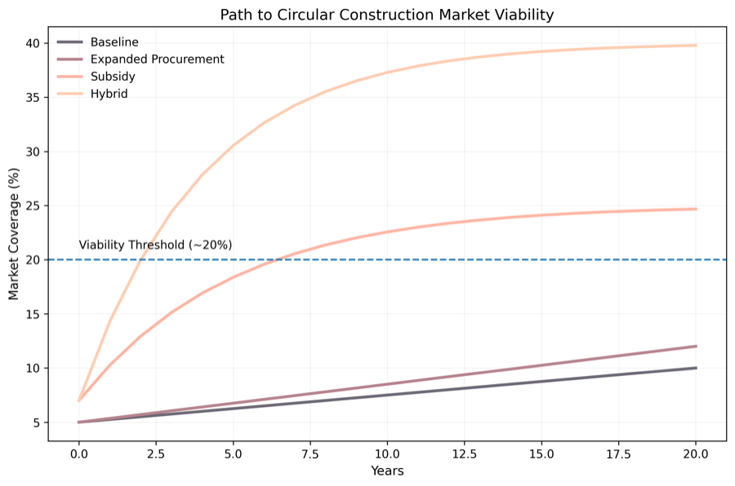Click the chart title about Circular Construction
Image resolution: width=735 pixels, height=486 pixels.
pos(387,15)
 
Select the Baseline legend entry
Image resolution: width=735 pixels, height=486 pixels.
pos(114,42)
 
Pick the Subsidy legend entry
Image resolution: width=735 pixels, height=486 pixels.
pos(113,77)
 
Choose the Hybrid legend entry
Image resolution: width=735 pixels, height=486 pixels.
pos(109,94)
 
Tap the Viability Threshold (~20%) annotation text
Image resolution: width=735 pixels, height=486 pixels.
pos(155,245)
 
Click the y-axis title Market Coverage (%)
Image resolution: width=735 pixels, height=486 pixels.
pos(14,233)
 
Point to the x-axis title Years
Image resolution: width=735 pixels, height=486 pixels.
pos(387,471)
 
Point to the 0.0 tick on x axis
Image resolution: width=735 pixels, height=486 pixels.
pos(79,453)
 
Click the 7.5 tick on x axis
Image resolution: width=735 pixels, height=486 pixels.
pos(310,453)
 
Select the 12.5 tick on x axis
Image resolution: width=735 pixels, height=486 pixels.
pos(464,453)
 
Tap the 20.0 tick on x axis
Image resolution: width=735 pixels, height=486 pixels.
pos(696,453)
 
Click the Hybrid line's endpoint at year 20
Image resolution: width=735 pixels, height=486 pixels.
pos(696,45)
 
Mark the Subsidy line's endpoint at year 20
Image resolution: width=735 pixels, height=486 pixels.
pos(696,209)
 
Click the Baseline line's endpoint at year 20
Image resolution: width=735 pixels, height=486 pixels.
pos(696,368)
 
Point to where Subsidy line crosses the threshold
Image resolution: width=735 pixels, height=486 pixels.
pos(278,260)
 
